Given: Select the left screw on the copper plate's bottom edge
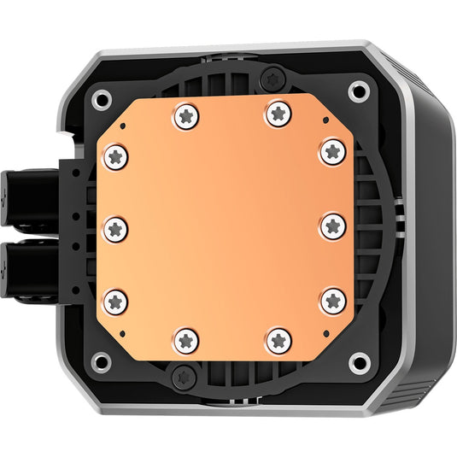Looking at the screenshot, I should tap(185, 340).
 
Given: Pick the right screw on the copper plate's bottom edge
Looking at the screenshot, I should tap(278, 340).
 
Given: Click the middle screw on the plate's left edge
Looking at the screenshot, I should tap(117, 227).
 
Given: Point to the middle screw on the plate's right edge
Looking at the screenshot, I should tap(333, 227).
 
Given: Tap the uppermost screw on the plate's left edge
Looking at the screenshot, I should tap(117, 156).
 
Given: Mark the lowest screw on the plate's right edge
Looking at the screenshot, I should tap(333, 301).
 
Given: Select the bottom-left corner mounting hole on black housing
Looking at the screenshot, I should tap(101, 361).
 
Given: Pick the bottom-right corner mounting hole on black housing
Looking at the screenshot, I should tap(360, 362).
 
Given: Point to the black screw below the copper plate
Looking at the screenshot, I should tap(182, 377).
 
